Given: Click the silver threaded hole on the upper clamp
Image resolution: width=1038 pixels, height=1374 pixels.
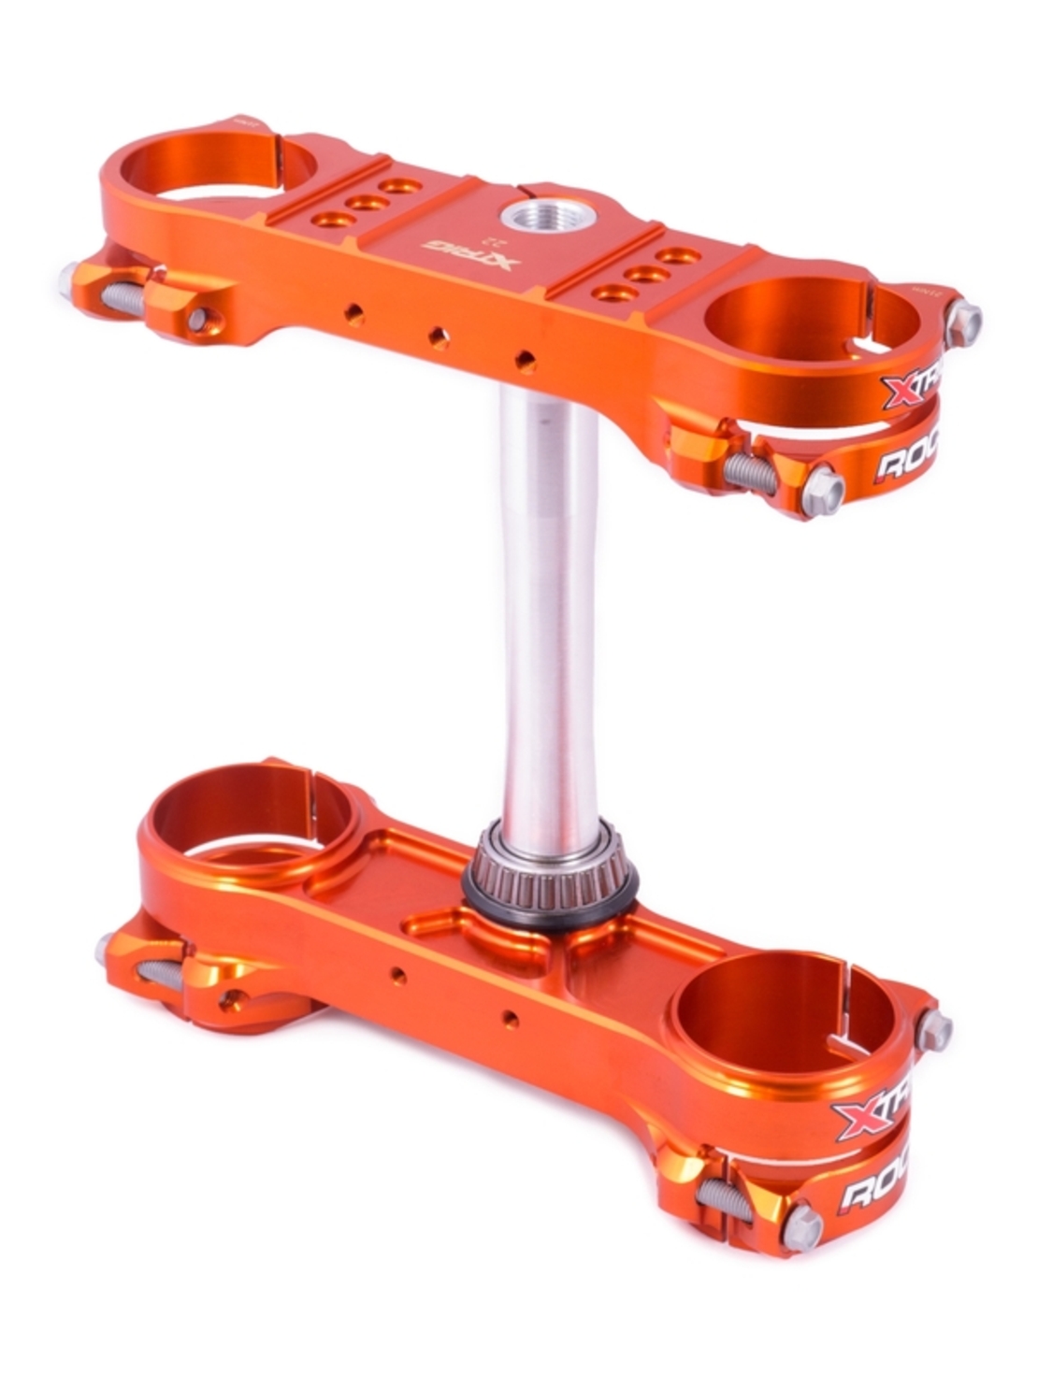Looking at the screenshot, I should (x=535, y=219).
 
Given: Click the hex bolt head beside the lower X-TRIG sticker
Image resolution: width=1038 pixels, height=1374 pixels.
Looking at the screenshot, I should (x=933, y=1031).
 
